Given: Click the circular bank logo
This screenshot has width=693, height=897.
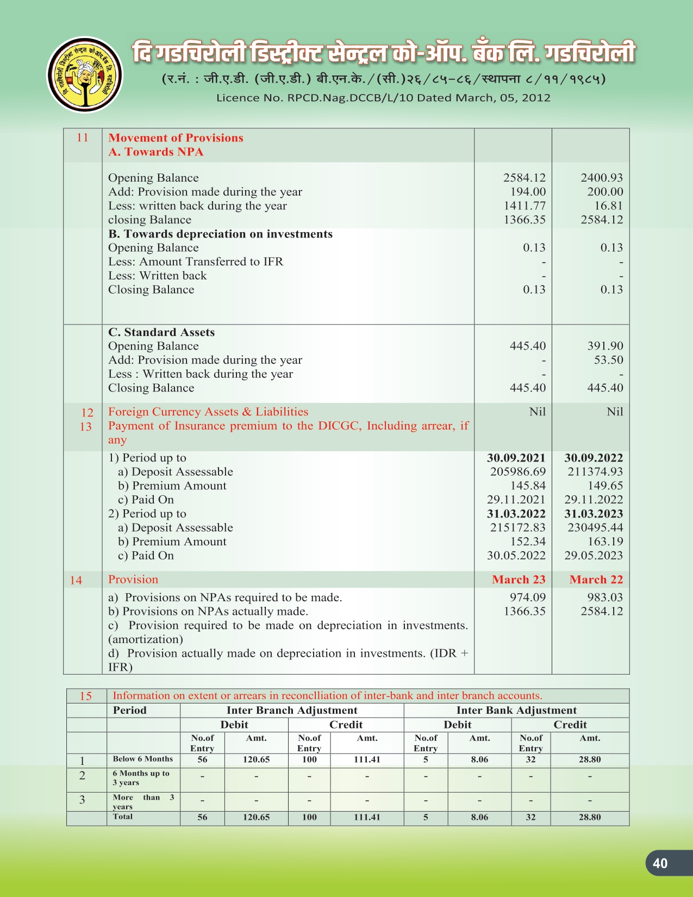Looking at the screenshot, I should click(x=84, y=75).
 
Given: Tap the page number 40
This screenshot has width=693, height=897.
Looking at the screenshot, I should click(x=660, y=863).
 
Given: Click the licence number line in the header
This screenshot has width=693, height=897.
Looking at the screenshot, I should click(x=383, y=98).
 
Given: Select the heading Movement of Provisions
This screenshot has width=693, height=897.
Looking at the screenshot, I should click(x=176, y=138).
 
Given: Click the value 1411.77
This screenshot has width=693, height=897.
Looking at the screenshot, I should click(x=524, y=206).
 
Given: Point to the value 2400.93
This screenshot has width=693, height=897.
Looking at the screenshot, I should click(x=601, y=178).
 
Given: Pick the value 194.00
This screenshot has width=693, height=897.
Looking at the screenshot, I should click(x=528, y=192).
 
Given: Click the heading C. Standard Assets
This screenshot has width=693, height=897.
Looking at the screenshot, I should click(x=161, y=332).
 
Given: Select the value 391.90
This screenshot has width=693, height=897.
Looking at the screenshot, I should click(x=605, y=346).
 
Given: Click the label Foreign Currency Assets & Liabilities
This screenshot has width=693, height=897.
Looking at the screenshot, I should click(x=208, y=412).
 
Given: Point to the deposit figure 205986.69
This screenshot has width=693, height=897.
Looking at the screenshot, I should click(x=517, y=472).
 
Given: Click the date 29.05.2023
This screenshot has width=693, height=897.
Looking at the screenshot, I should click(x=594, y=556).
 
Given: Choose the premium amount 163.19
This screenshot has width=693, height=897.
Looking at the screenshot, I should click(x=605, y=541).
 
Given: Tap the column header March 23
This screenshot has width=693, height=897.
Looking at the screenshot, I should click(x=519, y=580).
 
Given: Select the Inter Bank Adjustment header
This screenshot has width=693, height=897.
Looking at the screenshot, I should click(x=516, y=711).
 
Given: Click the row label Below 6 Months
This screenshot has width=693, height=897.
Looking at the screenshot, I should click(x=142, y=759).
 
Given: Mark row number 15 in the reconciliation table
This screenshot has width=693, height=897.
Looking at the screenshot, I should click(x=86, y=696).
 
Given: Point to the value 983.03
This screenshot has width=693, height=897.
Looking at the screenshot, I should click(x=605, y=597).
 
